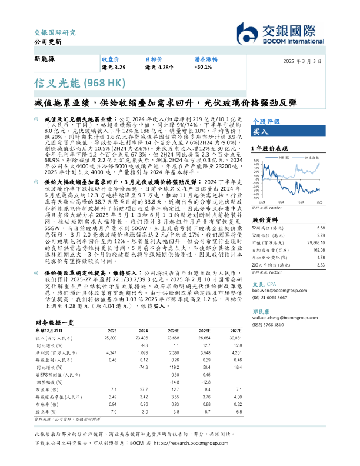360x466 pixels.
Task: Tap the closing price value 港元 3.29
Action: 114,68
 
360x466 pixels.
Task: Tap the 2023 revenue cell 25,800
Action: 109,338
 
